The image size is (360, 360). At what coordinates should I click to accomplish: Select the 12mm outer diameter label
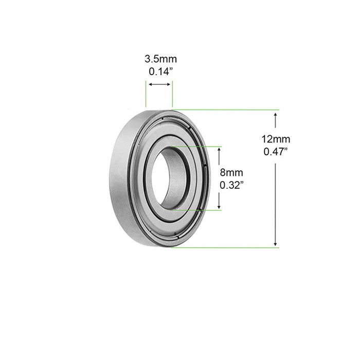[x=276, y=139]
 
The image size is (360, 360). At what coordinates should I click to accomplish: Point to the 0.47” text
[x=276, y=151]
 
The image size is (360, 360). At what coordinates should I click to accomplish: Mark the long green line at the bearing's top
[x=226, y=110]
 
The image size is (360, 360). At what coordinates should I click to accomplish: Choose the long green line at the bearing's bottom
[x=226, y=247]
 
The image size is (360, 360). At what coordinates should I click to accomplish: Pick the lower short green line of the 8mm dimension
[x=195, y=210]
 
